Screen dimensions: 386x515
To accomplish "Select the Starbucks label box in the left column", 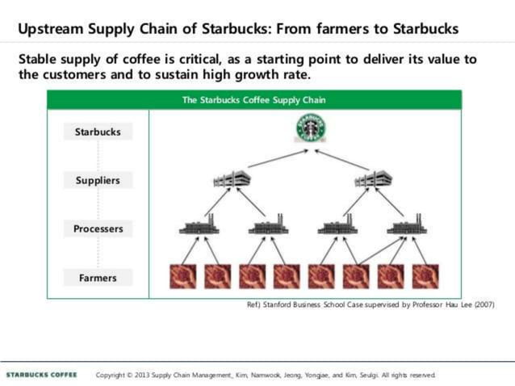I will tap(98, 132).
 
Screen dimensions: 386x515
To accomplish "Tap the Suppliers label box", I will tap(98, 180).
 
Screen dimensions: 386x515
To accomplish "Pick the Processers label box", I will tap(98, 229).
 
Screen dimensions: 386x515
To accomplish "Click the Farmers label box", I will tap(98, 278).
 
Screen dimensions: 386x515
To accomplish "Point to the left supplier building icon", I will tap(231, 179).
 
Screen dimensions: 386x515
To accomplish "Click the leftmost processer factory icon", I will tap(199, 225).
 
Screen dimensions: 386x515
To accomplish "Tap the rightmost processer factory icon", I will tap(407, 225).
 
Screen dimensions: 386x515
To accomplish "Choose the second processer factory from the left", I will tap(268, 225).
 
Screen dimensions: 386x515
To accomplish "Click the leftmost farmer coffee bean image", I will tap(182, 276).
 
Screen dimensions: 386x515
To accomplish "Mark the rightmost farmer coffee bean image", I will tap(425, 276).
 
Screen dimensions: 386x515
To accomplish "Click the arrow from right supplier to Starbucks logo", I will tap(342, 159).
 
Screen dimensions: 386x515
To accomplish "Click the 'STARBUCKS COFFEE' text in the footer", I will tap(41, 375).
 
